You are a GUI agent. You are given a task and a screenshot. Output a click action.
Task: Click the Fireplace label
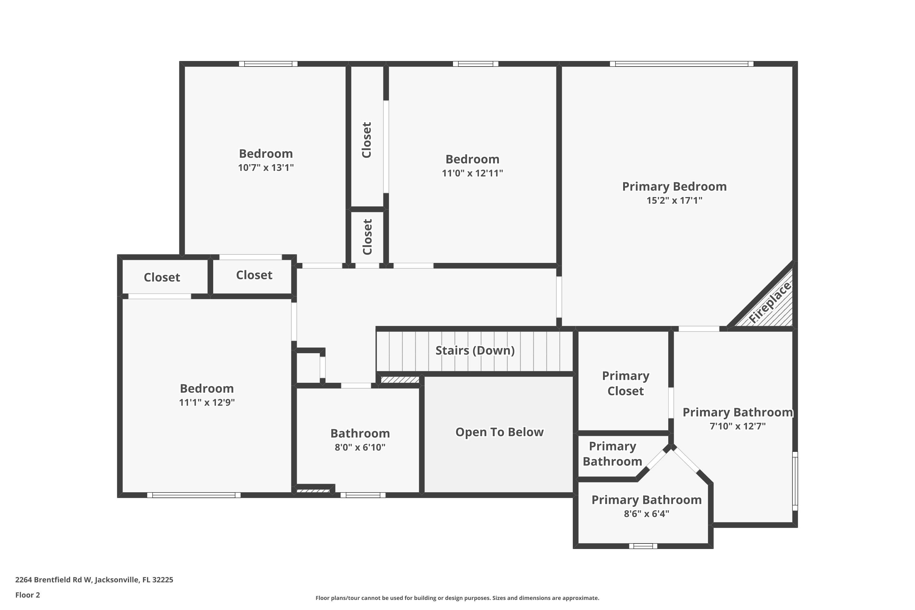click(x=770, y=302)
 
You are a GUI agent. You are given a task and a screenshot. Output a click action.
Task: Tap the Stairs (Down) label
click(x=475, y=350)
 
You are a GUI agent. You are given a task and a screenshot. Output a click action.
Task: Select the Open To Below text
click(x=500, y=432)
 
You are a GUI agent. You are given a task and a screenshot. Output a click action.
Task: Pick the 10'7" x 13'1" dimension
click(x=266, y=168)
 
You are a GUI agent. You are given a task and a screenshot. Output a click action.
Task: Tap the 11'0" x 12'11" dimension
click(x=472, y=173)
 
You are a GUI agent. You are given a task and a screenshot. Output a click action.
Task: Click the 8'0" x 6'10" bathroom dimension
click(x=360, y=447)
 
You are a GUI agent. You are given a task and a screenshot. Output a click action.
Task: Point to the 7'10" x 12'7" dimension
click(x=737, y=426)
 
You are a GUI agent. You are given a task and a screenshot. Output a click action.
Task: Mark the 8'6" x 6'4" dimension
click(x=647, y=514)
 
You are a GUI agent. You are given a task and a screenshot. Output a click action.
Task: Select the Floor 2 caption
click(x=28, y=595)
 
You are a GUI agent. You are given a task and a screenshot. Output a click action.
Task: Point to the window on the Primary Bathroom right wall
click(x=795, y=481)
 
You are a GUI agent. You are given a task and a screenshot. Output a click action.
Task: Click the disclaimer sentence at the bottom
click(x=457, y=598)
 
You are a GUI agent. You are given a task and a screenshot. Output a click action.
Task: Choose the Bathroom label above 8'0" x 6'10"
click(x=360, y=433)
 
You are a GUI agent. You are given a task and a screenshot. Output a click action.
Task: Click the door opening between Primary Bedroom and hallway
click(x=559, y=297)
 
